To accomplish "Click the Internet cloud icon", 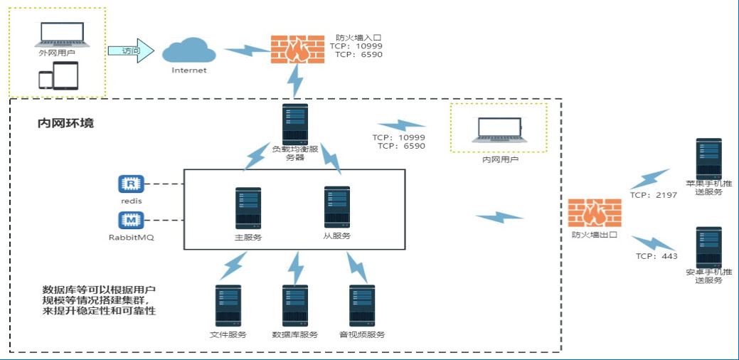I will coord(188,51).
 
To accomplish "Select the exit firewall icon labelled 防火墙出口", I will coord(595,212).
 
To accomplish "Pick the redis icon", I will coord(131,184).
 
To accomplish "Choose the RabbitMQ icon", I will coord(131,220).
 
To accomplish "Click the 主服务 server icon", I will coord(248,208).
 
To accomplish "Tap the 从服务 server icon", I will coord(336,207).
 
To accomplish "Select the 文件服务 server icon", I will coord(228,306).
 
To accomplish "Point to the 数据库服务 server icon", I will coord(295,306).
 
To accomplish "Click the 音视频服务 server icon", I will coord(362,306).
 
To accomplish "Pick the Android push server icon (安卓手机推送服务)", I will coord(709,247).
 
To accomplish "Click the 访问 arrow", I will coord(131,51).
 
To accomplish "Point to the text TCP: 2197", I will coord(653,194).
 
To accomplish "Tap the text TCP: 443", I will coord(656,256).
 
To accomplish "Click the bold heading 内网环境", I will coord(65,123).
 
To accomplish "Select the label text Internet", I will coord(189,70).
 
